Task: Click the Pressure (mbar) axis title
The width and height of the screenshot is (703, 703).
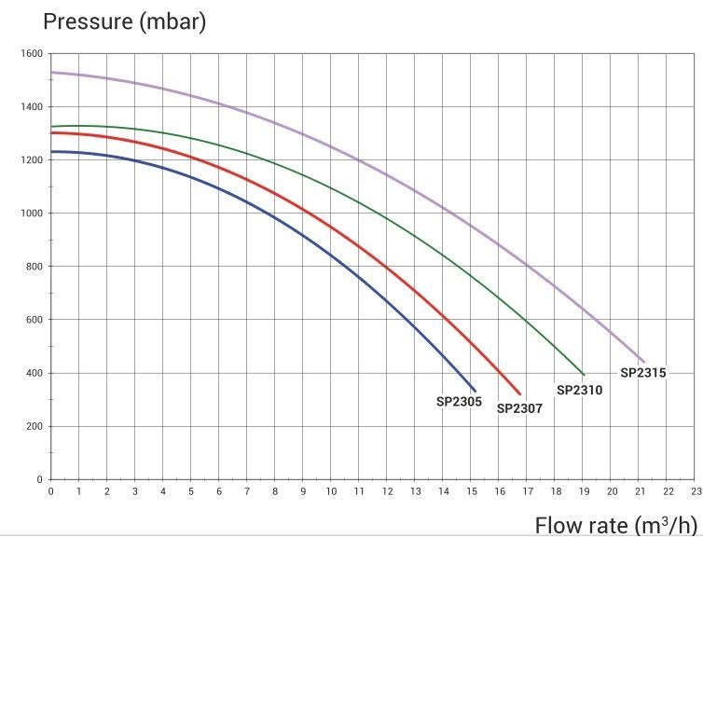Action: coord(124,21)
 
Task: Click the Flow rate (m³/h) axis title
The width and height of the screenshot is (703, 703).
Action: coord(615,526)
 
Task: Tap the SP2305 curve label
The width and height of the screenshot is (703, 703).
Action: coord(459,403)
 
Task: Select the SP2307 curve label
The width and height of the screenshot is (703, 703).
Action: coord(519,408)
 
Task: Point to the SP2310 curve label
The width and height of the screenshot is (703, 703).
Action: coord(579,391)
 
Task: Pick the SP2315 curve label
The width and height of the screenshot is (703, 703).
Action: coord(643,373)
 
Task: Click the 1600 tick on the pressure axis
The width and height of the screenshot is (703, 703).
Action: coord(32,54)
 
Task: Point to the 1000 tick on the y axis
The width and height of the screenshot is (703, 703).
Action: coord(32,214)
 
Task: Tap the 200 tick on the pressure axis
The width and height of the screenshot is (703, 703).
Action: coord(34,427)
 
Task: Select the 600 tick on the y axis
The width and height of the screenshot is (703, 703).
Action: coord(34,320)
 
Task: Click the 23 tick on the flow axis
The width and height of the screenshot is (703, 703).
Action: coord(696,491)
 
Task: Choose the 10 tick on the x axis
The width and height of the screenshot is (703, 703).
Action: coord(331,491)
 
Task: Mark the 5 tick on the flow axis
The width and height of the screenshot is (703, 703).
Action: coord(191,491)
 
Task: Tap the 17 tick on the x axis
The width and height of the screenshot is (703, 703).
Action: coord(528,491)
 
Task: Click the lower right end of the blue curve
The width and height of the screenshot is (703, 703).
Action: coord(475,391)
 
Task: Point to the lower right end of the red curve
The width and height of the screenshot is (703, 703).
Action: coord(520,394)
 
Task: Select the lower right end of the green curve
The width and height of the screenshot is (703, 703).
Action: coord(584,375)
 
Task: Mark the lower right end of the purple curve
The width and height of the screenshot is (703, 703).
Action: coord(643,362)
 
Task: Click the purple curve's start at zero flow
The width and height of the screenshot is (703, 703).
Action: coord(51,72)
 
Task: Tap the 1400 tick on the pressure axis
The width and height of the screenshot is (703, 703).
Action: coord(32,107)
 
